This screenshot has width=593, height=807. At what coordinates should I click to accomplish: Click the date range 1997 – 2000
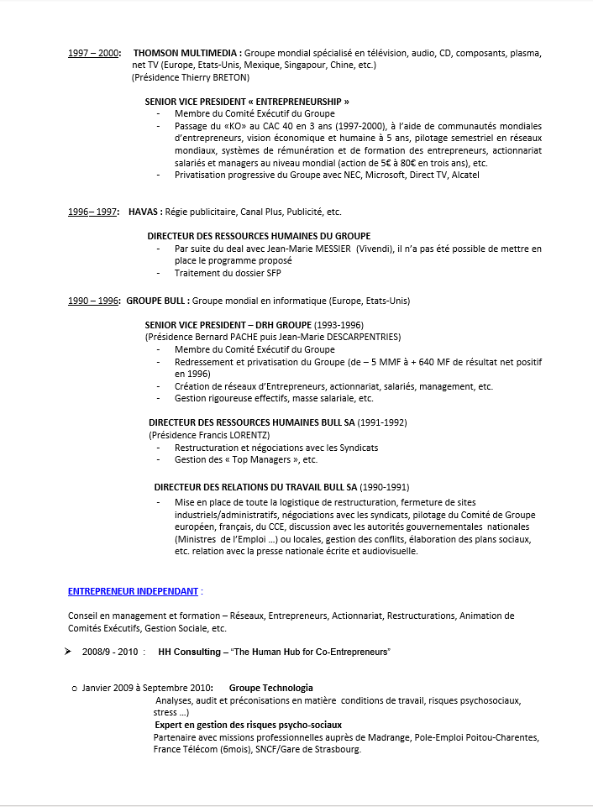[x=92, y=53]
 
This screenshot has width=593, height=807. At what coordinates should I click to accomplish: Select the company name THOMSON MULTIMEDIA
[x=186, y=53]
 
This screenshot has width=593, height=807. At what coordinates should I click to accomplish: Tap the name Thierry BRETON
[x=215, y=77]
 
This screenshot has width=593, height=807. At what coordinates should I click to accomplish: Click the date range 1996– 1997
[x=92, y=212]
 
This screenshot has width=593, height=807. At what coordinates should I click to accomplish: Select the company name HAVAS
[x=144, y=212]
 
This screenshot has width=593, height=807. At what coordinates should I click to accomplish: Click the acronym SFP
[x=273, y=273]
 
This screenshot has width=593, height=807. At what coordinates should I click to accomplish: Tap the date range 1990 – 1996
[x=92, y=300]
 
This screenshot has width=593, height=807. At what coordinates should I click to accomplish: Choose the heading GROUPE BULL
[x=157, y=300]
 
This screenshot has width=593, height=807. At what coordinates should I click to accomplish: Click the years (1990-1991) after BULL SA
[x=384, y=486]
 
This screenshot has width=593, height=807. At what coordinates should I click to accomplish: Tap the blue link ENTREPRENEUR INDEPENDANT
[x=133, y=591]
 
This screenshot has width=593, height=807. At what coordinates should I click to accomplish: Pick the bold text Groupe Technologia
[x=270, y=688]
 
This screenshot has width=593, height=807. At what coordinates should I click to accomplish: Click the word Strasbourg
[x=334, y=750]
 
